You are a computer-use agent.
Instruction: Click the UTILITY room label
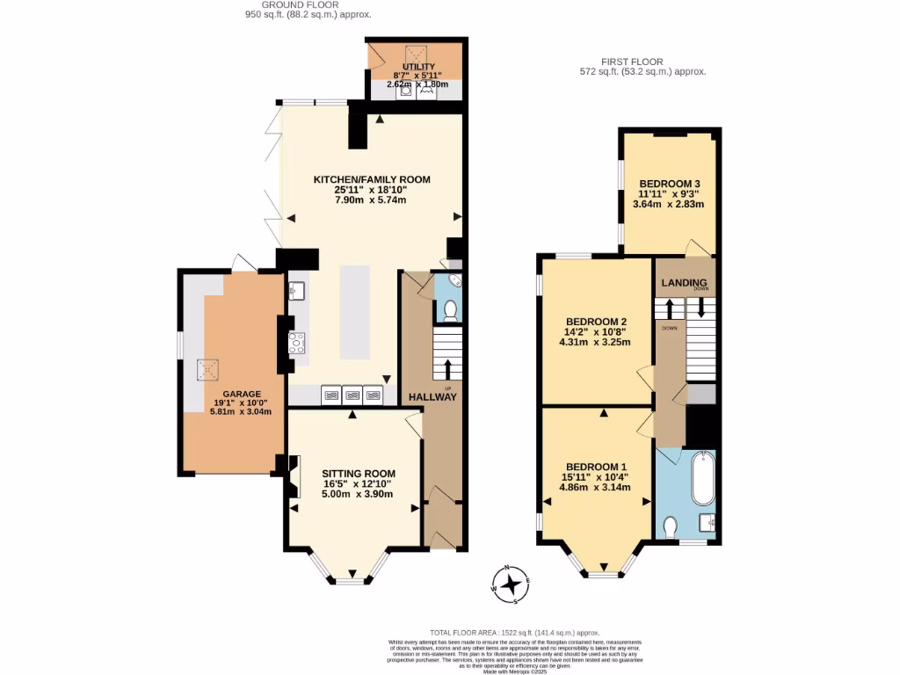(418, 67)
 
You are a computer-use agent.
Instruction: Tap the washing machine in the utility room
(407, 89)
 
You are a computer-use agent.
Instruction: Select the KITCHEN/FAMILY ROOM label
(372, 179)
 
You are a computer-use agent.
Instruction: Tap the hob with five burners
(297, 343)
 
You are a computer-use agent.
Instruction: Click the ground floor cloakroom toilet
(451, 310)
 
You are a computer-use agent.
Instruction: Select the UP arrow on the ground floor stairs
(448, 369)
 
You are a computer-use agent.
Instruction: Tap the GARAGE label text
(240, 394)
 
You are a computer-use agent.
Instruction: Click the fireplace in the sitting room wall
(293, 475)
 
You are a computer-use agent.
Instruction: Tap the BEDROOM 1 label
(597, 466)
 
